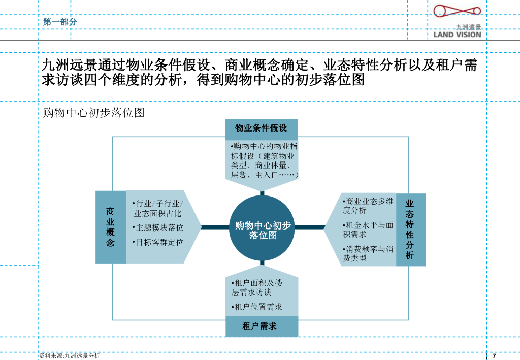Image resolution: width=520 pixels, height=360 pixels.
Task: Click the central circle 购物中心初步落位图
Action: [x=263, y=228]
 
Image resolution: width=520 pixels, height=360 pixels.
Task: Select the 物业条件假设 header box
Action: [x=261, y=128]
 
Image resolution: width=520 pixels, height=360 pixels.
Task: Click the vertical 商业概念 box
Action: [x=110, y=227]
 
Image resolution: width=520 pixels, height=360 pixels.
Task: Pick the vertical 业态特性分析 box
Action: [x=410, y=230]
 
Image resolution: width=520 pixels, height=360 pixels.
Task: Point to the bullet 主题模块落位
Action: [x=158, y=227]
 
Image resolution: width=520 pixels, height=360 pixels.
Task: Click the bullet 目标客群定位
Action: [x=158, y=242]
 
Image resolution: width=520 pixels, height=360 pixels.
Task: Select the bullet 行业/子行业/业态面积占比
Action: [x=158, y=208]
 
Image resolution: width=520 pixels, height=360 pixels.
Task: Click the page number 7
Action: [x=494, y=355]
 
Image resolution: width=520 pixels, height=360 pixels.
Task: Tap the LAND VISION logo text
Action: [x=457, y=35]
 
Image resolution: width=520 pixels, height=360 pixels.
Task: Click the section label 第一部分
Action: [x=60, y=22]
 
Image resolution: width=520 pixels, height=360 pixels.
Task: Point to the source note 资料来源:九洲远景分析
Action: [x=70, y=356]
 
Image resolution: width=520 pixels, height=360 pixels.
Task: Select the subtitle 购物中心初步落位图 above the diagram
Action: [x=94, y=113]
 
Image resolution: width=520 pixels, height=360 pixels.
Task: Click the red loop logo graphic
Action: [x=457, y=13]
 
